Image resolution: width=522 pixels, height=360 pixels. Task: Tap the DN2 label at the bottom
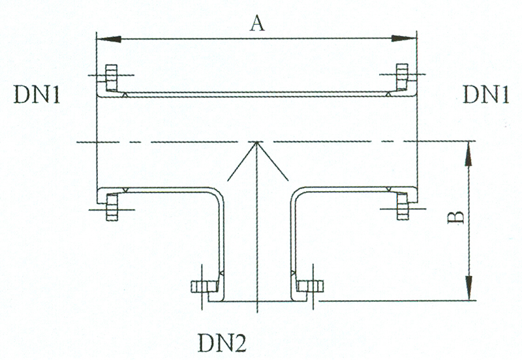tap(222, 342)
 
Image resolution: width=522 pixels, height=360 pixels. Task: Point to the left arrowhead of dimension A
tap(108, 39)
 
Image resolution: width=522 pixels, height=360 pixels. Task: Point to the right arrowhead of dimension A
tap(404, 38)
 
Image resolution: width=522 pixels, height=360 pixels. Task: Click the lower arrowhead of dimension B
tap(468, 288)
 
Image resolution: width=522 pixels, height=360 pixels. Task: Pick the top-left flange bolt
tap(112, 78)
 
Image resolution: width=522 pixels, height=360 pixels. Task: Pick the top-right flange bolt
tap(402, 77)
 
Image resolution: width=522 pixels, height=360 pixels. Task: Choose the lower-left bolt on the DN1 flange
tap(112, 207)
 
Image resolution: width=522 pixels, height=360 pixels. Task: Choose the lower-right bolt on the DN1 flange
tap(403, 207)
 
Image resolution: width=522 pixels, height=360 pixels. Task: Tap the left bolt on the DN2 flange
tap(204, 287)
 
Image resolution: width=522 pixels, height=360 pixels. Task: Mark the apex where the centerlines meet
tap(257, 142)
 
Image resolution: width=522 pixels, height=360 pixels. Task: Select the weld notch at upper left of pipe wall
tap(125, 95)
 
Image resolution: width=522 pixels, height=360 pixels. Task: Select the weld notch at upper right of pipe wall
tap(388, 95)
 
